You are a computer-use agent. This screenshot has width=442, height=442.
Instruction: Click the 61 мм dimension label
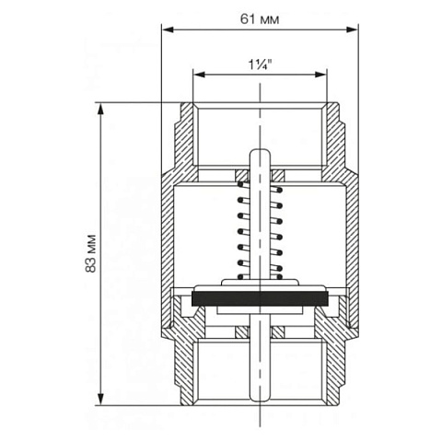pyautogui.click(x=260, y=19)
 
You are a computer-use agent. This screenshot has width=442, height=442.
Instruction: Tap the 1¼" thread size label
pyautogui.click(x=260, y=64)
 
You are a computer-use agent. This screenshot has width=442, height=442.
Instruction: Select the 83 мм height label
pyautogui.click(x=91, y=253)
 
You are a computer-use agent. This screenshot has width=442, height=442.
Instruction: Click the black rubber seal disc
pyautogui.click(x=260, y=298)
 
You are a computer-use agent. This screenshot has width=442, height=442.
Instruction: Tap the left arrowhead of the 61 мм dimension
pyautogui.click(x=168, y=29)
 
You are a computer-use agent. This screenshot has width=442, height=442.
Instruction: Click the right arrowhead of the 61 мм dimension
pyautogui.click(x=352, y=29)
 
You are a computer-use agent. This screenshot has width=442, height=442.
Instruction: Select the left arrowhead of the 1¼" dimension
pyautogui.click(x=199, y=75)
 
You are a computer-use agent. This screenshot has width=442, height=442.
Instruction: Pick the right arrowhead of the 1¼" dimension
pyautogui.click(x=320, y=75)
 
